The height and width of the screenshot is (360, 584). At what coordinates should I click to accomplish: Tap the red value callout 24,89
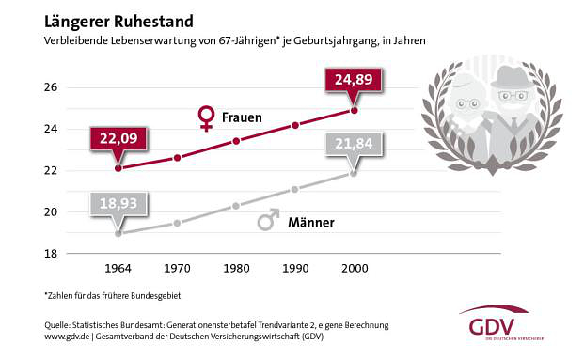pos(353,81)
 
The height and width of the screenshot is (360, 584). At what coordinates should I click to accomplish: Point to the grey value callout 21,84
pos(353,143)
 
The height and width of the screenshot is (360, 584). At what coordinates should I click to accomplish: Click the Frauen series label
pos(243,118)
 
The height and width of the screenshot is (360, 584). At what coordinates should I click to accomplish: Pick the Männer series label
pos(310,224)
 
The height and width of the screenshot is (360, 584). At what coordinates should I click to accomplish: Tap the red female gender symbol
pos(206,118)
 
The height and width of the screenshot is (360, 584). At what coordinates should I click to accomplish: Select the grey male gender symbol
pos(268,221)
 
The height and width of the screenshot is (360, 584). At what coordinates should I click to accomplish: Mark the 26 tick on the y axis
pos(52,87)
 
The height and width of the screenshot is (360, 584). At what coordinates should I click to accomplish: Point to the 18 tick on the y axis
pos(52,254)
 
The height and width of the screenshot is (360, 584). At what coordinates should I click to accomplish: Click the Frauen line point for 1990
pos(294,125)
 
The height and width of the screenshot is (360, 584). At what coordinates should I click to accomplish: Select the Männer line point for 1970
pos(177,223)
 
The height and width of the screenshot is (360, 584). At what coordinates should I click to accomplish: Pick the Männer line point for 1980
pos(236,205)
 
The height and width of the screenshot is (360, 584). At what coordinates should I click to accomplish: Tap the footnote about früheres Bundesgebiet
pos(112,295)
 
